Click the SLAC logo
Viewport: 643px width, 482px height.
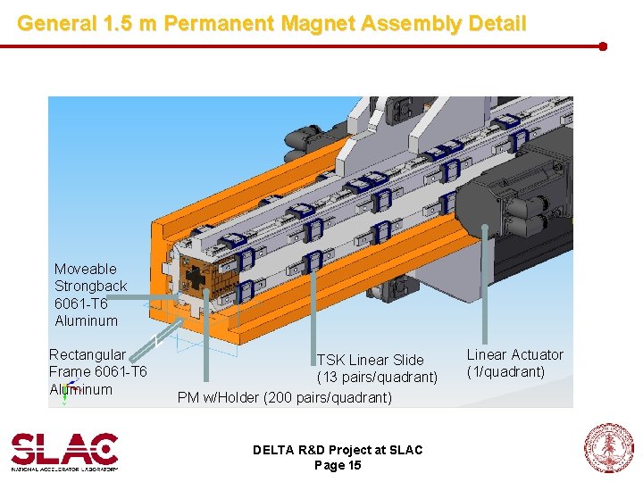[64, 452]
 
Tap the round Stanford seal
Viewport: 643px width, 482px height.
[608, 448]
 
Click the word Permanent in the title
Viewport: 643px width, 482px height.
[219, 23]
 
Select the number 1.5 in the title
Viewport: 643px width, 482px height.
[118, 23]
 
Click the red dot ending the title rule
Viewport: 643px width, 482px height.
[603, 46]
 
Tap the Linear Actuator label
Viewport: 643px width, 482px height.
[515, 354]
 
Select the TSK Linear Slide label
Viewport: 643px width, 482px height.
[371, 360]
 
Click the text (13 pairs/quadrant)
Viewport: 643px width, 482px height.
[377, 377]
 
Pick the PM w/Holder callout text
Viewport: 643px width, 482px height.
[284, 397]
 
